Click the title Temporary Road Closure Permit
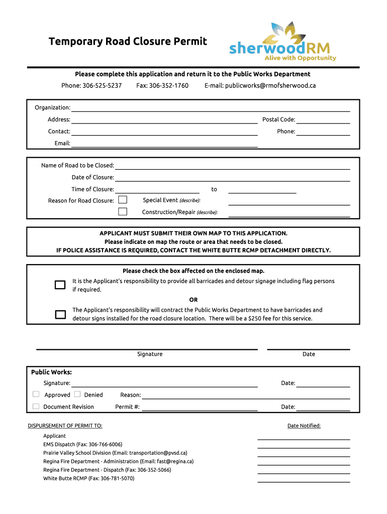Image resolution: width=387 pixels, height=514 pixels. [128, 42]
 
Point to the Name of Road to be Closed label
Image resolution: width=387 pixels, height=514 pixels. [77, 166]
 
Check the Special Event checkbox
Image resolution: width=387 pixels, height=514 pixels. [123, 200]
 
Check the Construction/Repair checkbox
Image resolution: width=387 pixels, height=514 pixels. [123, 211]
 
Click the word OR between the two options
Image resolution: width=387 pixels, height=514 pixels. [193, 300]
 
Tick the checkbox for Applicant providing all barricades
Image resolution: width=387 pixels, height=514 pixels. [60, 285]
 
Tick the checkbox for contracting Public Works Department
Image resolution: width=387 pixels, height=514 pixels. [60, 315]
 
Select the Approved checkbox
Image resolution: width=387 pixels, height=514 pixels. [36, 395]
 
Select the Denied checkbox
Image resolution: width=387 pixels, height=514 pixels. [77, 395]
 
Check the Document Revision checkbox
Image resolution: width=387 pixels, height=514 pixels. [36, 407]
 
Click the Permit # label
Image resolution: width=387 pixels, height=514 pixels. [127, 407]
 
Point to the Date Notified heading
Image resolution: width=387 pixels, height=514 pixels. [304, 426]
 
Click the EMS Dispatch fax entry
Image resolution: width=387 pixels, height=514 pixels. [82, 445]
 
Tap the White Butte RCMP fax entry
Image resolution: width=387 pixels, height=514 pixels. [88, 478]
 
